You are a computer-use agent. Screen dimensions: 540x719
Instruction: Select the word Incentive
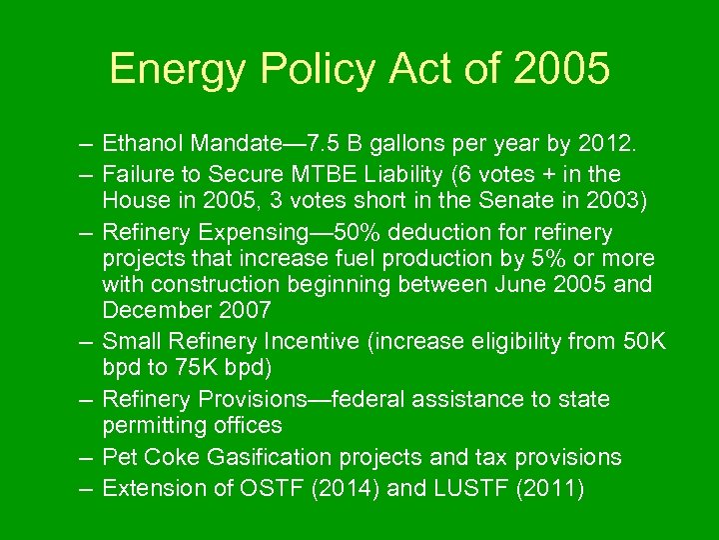pos(307,342)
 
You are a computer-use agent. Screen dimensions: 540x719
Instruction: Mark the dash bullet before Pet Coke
pos(87,457)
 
